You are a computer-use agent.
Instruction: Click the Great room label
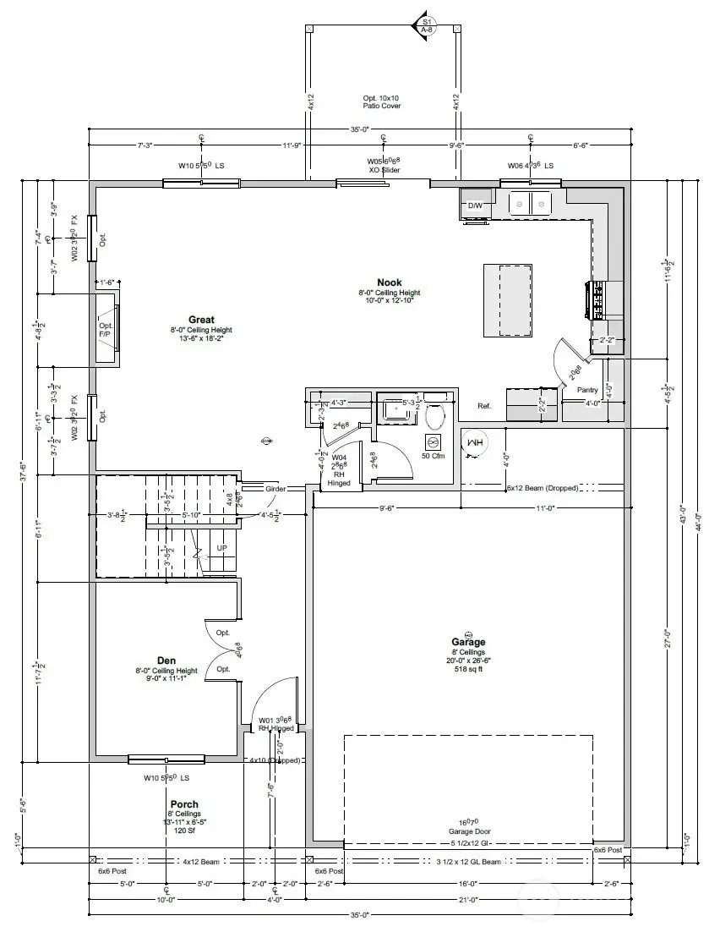(x=201, y=320)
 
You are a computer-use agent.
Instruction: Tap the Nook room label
(x=389, y=282)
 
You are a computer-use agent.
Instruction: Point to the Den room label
(x=166, y=660)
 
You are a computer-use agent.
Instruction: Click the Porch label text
(x=184, y=804)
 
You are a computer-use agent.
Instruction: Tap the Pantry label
(x=587, y=390)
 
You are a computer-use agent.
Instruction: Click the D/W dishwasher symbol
(x=476, y=206)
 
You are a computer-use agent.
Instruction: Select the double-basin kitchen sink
(x=529, y=203)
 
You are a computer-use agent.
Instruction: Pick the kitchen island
(x=509, y=300)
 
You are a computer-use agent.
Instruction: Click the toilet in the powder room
(x=435, y=415)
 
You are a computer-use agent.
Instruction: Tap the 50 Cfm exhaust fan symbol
(x=433, y=443)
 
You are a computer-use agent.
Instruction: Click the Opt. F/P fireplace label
(x=106, y=329)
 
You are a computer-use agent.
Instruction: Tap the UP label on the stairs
(x=221, y=548)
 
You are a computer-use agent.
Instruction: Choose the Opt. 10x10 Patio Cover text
(x=382, y=101)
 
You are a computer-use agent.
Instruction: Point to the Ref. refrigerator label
(x=484, y=407)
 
